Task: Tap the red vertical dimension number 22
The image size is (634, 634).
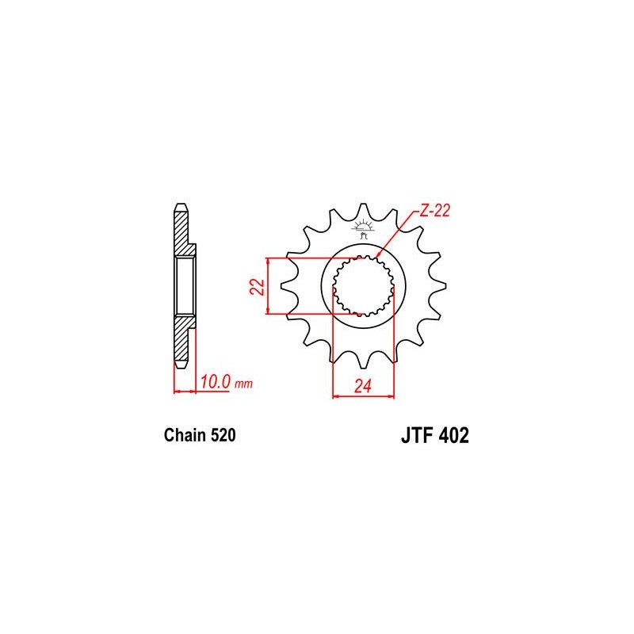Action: click(x=258, y=286)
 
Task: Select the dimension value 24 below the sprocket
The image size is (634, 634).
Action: click(x=363, y=386)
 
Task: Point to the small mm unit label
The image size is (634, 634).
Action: click(x=244, y=383)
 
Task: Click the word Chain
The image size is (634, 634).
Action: click(x=185, y=435)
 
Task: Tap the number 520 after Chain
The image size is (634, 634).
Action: click(x=223, y=435)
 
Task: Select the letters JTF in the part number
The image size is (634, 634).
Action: click(x=417, y=435)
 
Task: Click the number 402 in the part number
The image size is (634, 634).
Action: click(x=453, y=435)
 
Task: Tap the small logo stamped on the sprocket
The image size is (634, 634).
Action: click(x=363, y=229)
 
